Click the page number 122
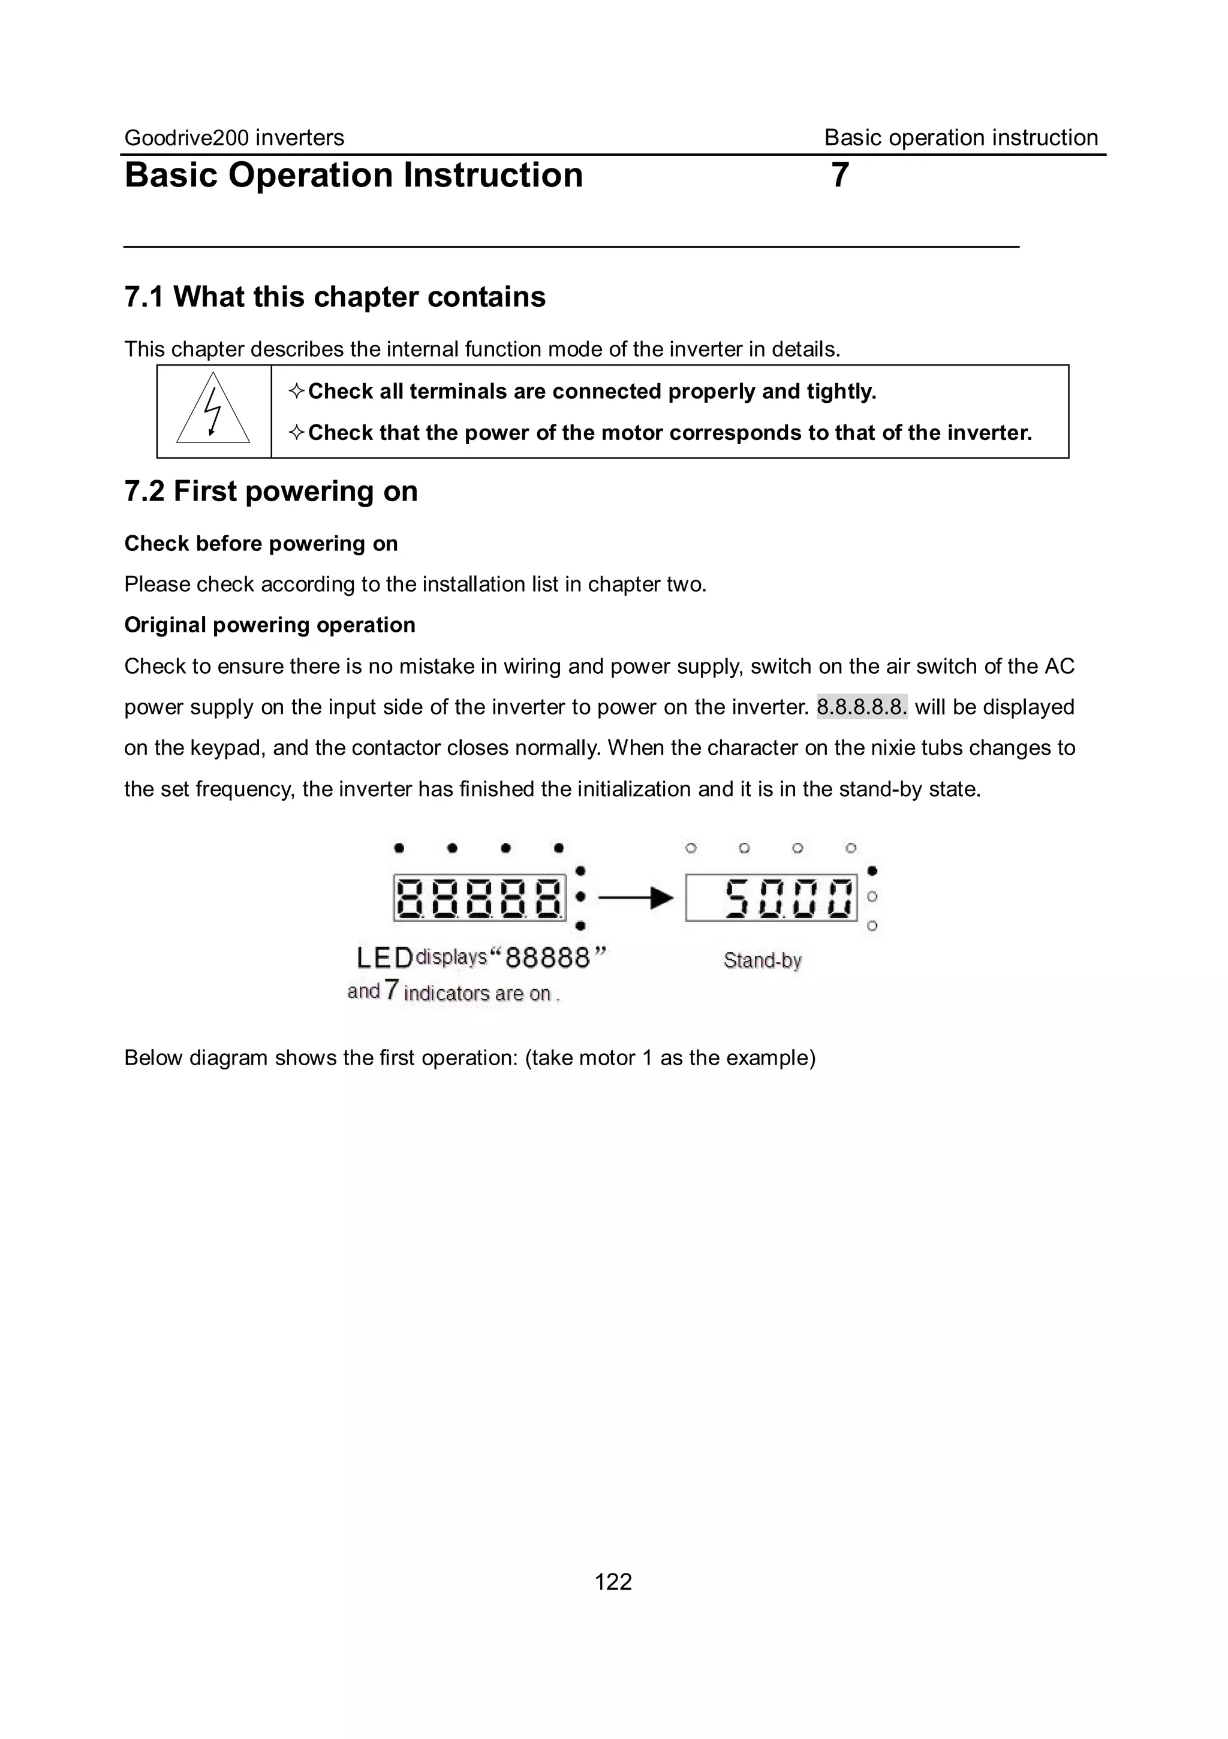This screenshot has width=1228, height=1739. coord(613,1581)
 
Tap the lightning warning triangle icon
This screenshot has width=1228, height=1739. coord(213,410)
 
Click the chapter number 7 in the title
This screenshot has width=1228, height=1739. coord(839,175)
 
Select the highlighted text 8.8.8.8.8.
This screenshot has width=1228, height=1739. coord(862,707)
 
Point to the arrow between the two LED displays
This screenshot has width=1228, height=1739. coord(636,899)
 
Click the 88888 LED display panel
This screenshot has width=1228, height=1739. coord(480,899)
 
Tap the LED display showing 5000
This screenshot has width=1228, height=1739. coord(771,899)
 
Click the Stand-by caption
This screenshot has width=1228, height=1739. coord(762,960)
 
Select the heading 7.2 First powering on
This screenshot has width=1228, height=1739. coord(270,492)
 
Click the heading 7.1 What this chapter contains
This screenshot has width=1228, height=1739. coord(334,297)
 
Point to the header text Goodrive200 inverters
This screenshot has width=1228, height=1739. coord(233,138)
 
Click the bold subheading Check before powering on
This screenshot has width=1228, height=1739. coord(261,544)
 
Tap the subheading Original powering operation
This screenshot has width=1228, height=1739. coord(269,625)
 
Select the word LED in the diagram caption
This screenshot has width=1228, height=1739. coord(385,958)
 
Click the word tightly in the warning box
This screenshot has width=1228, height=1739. coord(841,391)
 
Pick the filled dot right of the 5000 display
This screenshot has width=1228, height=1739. coord(872,871)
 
